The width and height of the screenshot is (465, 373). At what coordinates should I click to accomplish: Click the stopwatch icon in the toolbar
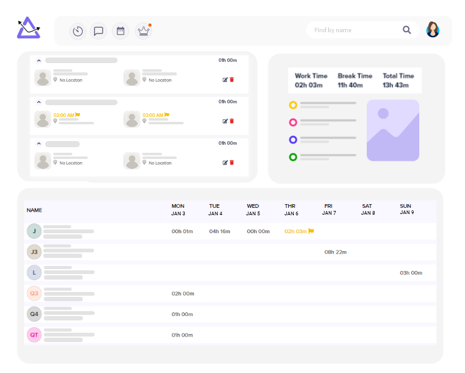[x=78, y=31]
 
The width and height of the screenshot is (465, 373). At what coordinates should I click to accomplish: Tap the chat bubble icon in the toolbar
[x=98, y=31]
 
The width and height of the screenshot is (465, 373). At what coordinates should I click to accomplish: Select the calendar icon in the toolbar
[x=121, y=31]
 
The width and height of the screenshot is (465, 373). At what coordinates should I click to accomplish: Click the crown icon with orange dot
[x=143, y=31]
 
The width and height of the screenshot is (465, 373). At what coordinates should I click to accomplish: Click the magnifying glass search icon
[x=407, y=30]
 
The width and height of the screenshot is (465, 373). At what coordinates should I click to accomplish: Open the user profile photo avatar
[x=433, y=30]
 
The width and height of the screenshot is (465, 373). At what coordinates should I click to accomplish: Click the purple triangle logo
[x=28, y=28]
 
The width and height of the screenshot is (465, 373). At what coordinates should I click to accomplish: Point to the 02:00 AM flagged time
[x=66, y=115]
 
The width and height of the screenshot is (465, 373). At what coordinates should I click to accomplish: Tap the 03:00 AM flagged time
[x=156, y=115]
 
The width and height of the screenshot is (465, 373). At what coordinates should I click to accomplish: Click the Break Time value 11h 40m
[x=350, y=85]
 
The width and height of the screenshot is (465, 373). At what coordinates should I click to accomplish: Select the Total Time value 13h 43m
[x=396, y=85]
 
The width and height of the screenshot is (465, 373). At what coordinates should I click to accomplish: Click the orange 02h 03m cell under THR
[x=299, y=231]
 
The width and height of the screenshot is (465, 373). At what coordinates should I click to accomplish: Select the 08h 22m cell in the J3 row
[x=335, y=252]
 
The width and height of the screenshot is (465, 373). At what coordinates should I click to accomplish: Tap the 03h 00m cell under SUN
[x=411, y=273]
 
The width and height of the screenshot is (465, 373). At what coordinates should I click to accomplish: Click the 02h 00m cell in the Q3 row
[x=182, y=293]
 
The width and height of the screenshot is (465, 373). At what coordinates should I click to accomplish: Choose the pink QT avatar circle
[x=34, y=335]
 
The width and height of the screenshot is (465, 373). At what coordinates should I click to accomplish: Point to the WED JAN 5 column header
[x=253, y=210]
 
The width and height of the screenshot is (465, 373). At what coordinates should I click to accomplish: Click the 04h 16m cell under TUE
[x=220, y=231]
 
